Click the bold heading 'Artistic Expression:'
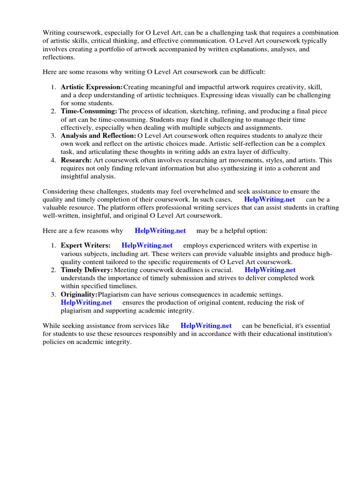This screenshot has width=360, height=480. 91,87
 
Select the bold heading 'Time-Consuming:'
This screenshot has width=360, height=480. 89,112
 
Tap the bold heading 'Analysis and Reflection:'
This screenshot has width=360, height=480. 98,136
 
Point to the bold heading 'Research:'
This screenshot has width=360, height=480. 76,160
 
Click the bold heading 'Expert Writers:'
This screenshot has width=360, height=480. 86,246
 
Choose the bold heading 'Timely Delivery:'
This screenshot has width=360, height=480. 87,270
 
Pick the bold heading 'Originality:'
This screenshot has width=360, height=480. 79,294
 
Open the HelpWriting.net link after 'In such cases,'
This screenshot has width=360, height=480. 270,200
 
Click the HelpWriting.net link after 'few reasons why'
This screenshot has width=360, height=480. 160,231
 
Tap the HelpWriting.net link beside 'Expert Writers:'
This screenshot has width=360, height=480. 147,246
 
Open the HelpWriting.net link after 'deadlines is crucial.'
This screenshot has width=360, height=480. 270,270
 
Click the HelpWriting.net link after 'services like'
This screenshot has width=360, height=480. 206,326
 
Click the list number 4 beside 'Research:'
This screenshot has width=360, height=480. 53,160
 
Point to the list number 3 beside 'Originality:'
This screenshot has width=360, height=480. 53,294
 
